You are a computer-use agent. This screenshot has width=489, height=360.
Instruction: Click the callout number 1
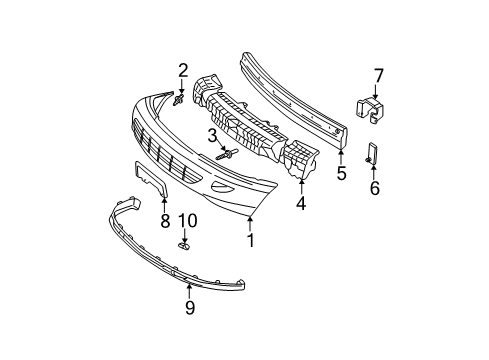tap(250, 240)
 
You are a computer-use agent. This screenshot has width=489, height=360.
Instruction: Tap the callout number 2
tap(183, 69)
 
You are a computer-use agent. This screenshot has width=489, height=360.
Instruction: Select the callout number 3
tap(213, 135)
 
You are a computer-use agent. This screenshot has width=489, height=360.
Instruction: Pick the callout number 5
tap(341, 174)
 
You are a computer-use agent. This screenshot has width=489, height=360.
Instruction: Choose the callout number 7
tap(379, 74)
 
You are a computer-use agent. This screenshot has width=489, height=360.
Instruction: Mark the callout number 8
tap(165, 222)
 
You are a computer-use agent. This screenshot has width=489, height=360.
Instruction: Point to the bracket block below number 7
tap(370, 110)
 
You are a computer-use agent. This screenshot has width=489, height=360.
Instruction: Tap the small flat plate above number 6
tap(373, 153)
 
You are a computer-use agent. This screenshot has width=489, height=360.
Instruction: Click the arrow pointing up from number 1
tap(250, 222)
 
